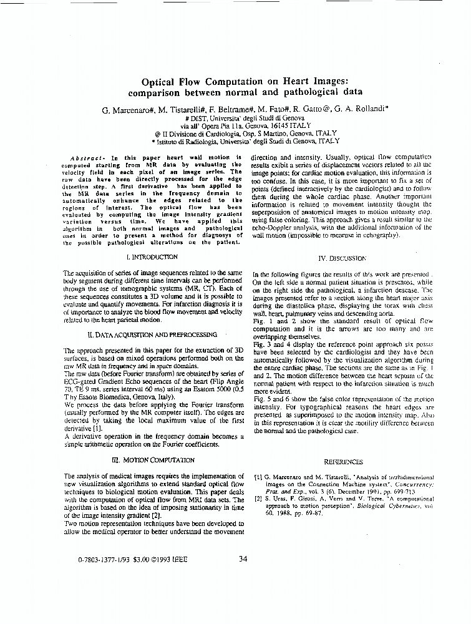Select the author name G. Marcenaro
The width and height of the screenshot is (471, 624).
coord(128,109)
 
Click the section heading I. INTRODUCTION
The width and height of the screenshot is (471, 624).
coord(152,256)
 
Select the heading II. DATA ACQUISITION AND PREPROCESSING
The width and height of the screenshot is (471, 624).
coord(152,335)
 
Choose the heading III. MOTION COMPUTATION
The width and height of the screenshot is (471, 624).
coord(157,460)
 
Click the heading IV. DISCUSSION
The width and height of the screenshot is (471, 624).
coord(342,258)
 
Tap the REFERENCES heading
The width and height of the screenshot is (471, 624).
coord(343,462)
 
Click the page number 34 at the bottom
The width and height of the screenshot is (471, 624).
coord(243,558)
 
